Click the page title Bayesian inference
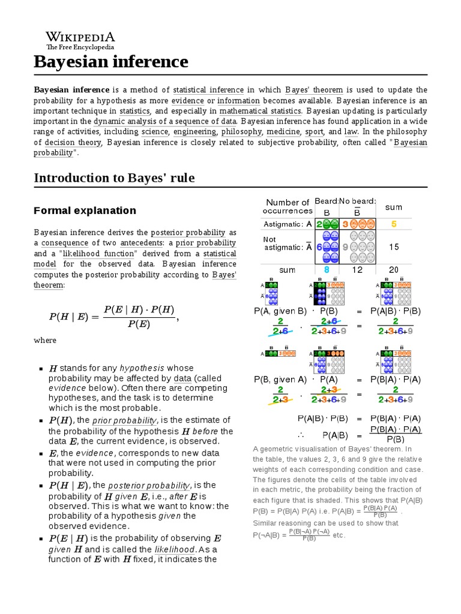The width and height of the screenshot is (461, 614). coord(110,62)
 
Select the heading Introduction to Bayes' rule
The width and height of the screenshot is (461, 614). coord(114,178)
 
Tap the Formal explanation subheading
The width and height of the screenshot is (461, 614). coord(85,210)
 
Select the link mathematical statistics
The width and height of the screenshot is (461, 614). coord(260,111)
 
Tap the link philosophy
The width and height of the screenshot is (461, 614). coord(241,132)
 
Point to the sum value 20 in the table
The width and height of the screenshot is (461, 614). coord(394,270)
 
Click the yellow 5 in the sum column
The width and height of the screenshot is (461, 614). coord(394,224)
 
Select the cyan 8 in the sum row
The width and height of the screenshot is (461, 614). coord(327,270)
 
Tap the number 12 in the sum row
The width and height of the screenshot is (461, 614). coord(357,270)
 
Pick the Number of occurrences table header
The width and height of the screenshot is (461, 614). coord(288,206)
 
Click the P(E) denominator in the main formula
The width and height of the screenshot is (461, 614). coord(139,324)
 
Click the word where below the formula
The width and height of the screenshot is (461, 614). coord(45,341)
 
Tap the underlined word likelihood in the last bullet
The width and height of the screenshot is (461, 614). coord(175,549)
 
